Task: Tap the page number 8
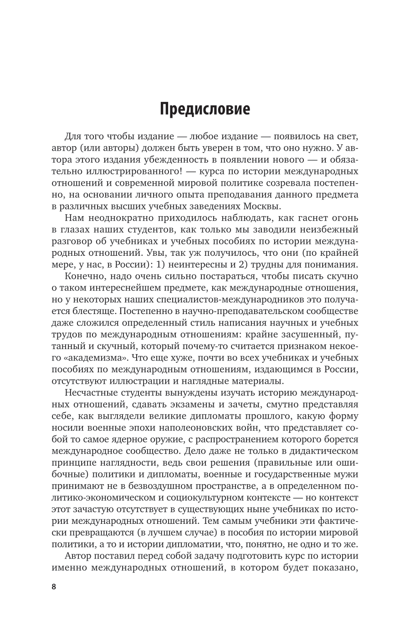click(x=53, y=586)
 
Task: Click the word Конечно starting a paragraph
click(x=85, y=276)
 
